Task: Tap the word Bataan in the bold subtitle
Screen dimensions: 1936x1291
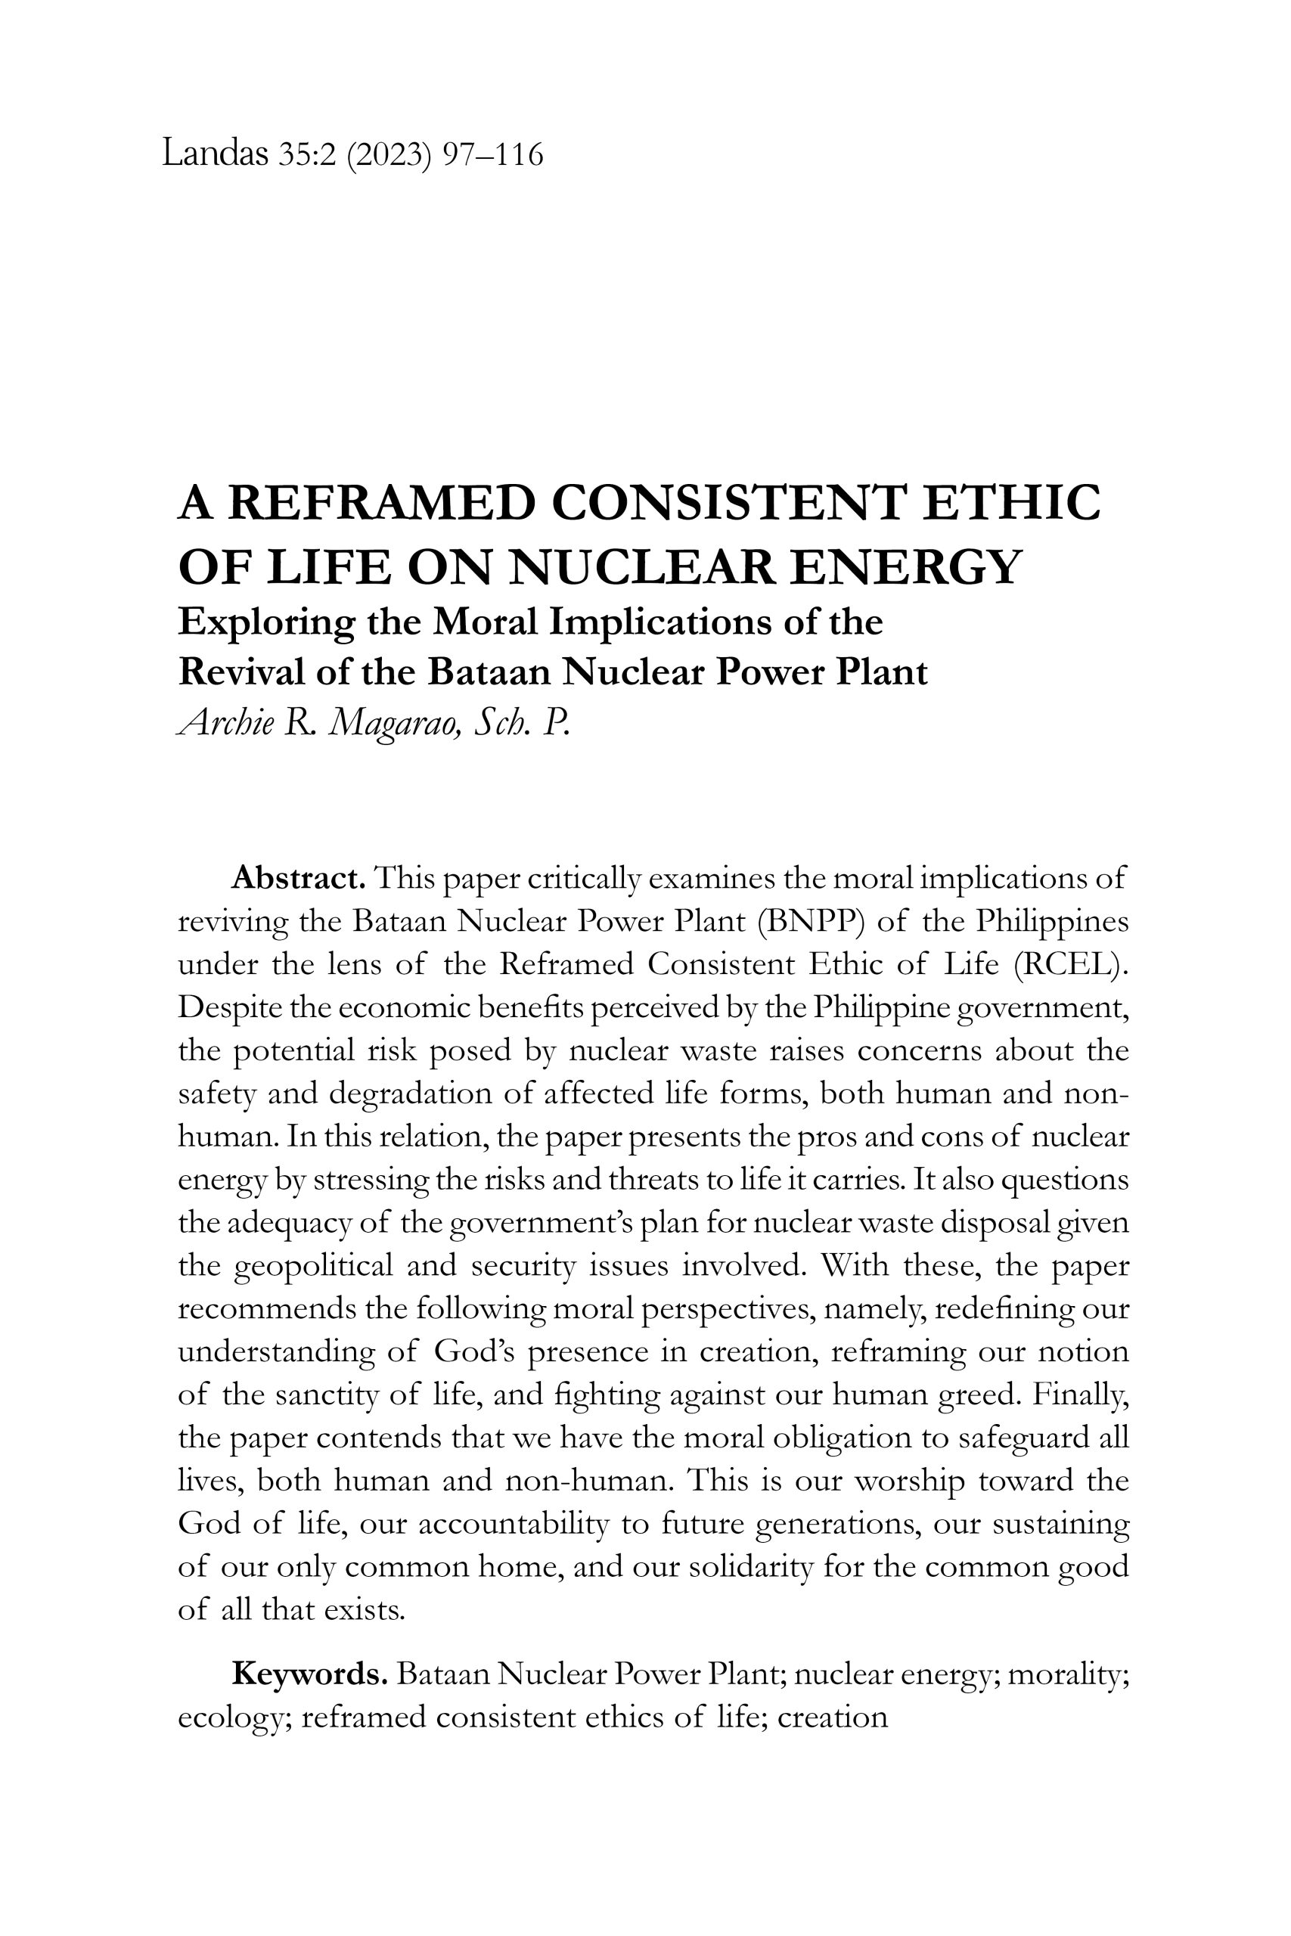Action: pyautogui.click(x=489, y=672)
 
